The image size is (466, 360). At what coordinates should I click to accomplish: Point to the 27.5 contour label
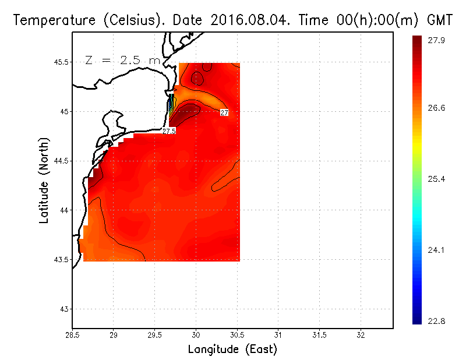tap(169, 131)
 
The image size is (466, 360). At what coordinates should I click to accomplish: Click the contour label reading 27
tap(224, 112)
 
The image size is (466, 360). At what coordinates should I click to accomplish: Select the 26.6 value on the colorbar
tap(437, 108)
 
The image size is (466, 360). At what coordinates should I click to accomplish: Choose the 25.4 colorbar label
tap(437, 179)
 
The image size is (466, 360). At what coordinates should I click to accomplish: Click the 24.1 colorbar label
tap(437, 250)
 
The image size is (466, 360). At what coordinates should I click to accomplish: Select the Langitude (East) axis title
tap(232, 350)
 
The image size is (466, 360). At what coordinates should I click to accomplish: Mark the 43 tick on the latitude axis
tap(63, 309)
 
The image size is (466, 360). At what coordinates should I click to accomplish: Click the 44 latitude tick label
tap(63, 210)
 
